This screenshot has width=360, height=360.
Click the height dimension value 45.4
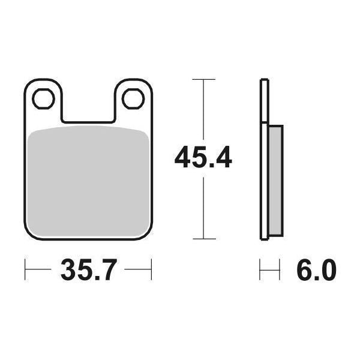pos(203,159)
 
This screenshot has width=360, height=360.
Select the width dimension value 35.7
pos(88,271)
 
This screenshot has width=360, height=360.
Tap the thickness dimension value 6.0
pos(316,271)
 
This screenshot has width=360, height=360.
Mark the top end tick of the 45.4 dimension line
pos(204,79)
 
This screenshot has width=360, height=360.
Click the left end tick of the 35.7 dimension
pos(25,270)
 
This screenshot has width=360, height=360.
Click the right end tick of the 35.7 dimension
pos(151,270)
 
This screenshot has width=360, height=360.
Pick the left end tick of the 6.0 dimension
pos(260,270)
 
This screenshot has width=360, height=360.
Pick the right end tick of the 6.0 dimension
pos(280,270)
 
